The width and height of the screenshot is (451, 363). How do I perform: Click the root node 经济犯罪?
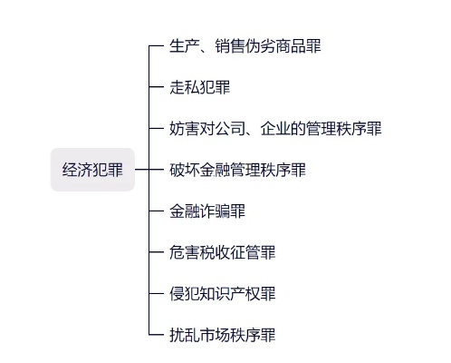point(92,170)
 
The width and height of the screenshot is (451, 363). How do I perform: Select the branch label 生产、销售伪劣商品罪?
point(245,45)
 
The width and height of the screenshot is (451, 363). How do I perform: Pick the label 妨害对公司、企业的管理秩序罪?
point(275,128)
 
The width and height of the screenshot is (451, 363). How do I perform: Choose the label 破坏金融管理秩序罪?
point(237,170)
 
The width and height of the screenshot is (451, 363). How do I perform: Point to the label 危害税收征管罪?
point(222,252)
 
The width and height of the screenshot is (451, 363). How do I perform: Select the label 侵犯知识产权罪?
point(222,294)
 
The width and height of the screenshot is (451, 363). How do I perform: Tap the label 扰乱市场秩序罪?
point(222,336)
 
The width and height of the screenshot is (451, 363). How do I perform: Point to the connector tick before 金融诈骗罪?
point(156,211)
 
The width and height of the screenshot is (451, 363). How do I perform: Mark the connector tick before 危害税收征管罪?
point(156,252)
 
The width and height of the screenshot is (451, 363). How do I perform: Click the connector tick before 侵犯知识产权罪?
point(156,294)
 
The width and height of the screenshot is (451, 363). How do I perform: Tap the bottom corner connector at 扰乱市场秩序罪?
point(152,334)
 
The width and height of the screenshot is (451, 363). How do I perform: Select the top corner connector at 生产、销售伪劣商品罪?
point(152,47)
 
